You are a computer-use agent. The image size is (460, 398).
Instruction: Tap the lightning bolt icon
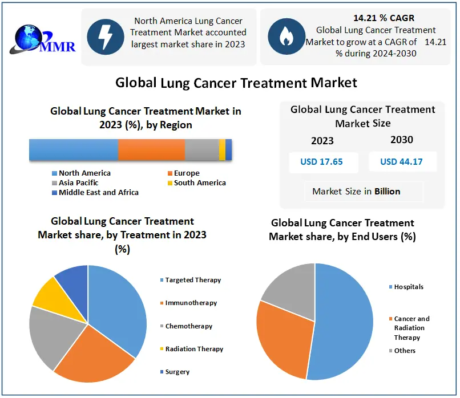pos(105,36)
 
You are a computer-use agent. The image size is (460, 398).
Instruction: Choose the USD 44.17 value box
pos(402,161)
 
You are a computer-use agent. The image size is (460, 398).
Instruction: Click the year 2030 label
pos(402,140)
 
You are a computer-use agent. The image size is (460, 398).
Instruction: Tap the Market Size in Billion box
pos(356,192)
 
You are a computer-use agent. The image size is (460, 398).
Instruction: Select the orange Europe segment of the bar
pos(151,149)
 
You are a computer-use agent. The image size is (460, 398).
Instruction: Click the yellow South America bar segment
pos(222,149)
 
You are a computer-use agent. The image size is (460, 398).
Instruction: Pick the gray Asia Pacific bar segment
pos(201,149)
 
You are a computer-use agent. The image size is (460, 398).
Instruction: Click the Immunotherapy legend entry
pos(191,303)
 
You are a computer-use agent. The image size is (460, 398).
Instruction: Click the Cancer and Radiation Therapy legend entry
pos(411,328)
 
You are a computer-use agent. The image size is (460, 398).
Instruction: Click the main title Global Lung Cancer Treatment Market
pos(236,83)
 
